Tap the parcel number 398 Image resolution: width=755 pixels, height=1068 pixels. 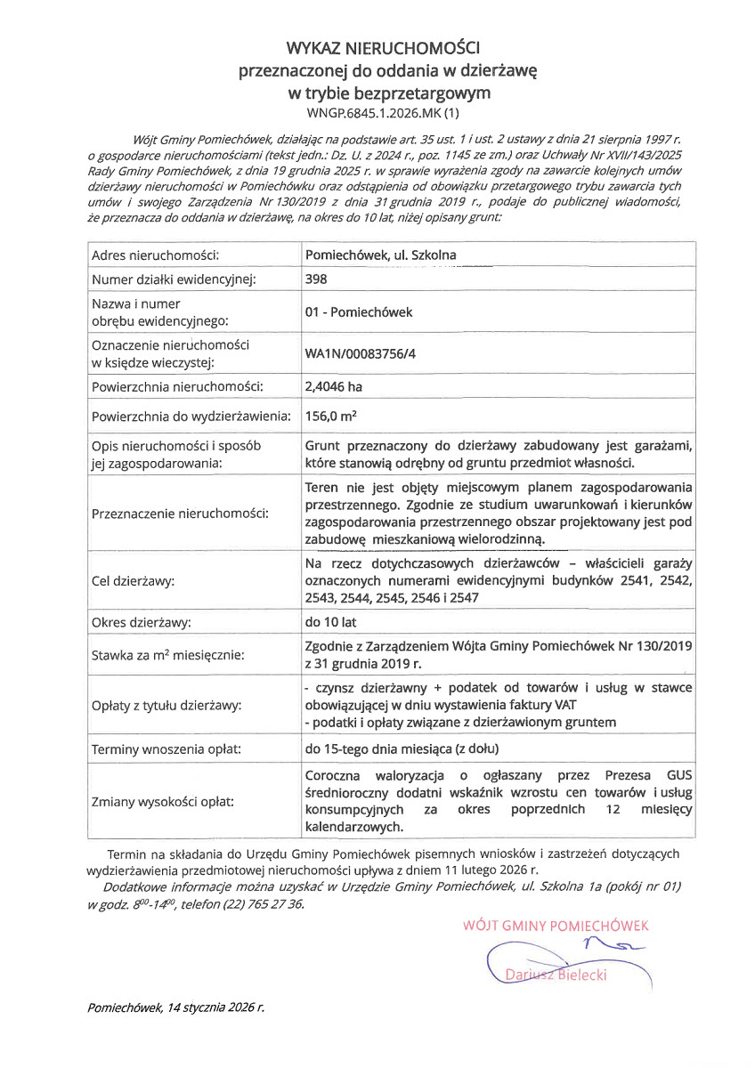click(x=316, y=279)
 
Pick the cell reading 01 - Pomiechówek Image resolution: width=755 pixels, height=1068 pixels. click(x=359, y=312)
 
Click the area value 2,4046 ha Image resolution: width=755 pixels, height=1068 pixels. click(x=334, y=386)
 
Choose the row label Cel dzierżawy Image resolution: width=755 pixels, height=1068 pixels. click(x=134, y=581)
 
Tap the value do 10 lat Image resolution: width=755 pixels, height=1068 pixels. click(x=330, y=622)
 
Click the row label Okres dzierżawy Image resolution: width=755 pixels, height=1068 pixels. click(x=142, y=622)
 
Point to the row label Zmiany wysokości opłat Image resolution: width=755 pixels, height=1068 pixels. click(x=163, y=802)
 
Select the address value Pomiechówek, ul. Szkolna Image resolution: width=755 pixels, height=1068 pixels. click(x=380, y=255)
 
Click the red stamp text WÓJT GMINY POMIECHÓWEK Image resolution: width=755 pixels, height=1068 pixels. click(x=556, y=926)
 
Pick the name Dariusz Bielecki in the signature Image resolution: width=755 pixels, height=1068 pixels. click(x=556, y=975)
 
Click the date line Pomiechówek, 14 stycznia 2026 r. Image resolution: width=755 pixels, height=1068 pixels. click(x=176, y=1008)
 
